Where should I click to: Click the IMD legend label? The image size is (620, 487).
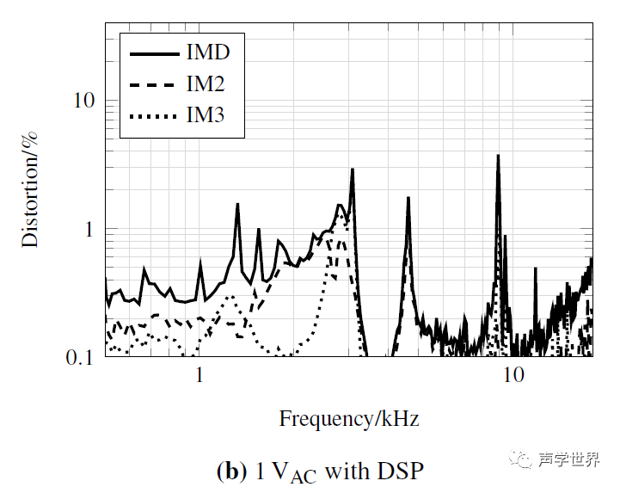[208, 52]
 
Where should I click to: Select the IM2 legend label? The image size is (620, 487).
[206, 83]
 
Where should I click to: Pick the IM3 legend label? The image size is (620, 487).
[206, 114]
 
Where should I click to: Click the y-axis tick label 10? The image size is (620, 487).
[83, 101]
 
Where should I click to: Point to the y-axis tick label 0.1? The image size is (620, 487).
[80, 356]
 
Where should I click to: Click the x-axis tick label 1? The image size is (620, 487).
[200, 377]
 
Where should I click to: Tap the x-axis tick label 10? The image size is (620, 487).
[513, 377]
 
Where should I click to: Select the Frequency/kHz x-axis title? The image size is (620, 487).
[349, 419]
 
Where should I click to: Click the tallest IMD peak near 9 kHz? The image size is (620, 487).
[497, 157]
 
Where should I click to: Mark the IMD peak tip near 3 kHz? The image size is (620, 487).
[353, 170]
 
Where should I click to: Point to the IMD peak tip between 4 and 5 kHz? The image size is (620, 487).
[408, 198]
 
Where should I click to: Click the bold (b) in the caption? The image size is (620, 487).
[230, 472]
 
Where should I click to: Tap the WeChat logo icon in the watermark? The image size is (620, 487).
[522, 459]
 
